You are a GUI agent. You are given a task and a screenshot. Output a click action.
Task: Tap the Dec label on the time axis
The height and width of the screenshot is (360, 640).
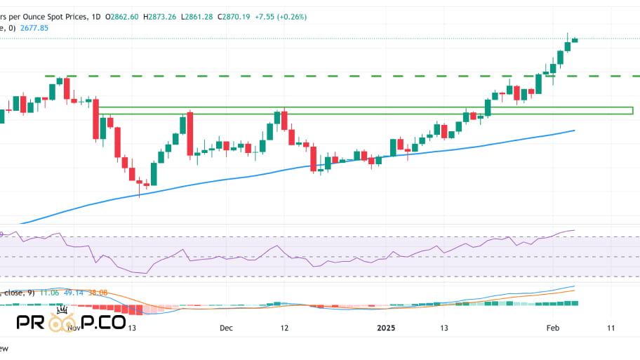point(225,328)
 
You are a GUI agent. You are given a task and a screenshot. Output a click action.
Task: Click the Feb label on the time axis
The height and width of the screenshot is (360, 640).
point(552,328)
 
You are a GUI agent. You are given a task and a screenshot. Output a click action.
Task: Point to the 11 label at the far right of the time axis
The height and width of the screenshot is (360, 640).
point(611,328)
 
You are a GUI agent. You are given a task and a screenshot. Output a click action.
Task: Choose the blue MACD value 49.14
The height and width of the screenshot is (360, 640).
point(74,293)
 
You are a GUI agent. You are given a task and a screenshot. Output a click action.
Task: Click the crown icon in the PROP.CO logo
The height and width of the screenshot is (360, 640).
point(62,310)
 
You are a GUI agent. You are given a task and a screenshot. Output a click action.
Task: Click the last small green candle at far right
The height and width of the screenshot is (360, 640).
point(575,39)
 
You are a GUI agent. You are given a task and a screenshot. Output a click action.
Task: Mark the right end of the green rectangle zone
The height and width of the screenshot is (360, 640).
point(632,110)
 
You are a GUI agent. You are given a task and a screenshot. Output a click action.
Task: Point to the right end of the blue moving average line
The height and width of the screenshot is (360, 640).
point(575,131)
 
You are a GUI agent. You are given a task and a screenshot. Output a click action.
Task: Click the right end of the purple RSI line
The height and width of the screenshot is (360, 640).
point(574,229)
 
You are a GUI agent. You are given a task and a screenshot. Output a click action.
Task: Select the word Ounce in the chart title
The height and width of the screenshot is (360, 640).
point(46,16)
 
